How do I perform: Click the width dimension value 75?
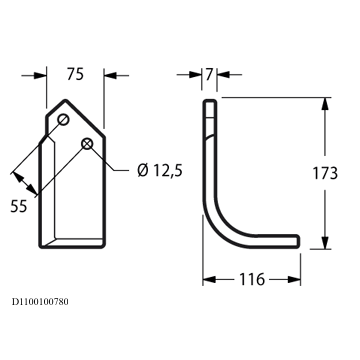(x=75, y=74)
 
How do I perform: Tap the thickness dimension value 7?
(x=209, y=74)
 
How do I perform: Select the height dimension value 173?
(x=325, y=173)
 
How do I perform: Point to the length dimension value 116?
(x=252, y=279)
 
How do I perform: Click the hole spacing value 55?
(x=19, y=207)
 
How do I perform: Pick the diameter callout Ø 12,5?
(x=160, y=171)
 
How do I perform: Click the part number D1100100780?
(x=40, y=302)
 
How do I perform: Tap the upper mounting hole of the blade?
(x=63, y=119)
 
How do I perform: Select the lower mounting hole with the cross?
(x=87, y=144)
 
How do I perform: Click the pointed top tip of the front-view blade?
(x=66, y=100)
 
